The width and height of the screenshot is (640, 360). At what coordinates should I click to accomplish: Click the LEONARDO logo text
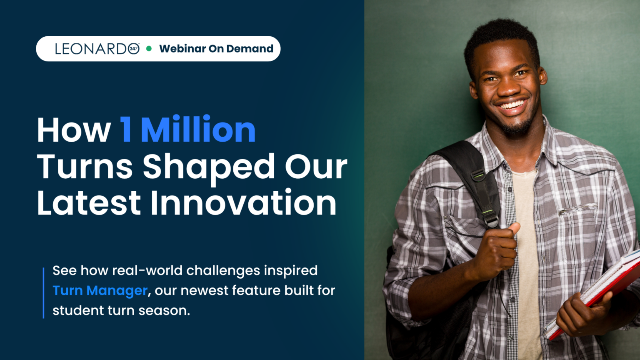click(x=97, y=49)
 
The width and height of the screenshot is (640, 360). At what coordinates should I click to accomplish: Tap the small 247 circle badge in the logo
click(x=133, y=49)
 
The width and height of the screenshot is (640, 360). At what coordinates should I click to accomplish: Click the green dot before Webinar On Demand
click(x=149, y=49)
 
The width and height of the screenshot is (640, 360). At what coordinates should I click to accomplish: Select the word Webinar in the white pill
click(x=182, y=49)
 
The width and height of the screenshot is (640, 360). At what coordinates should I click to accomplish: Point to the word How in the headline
click(x=74, y=130)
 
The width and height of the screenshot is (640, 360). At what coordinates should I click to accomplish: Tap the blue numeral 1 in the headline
click(x=126, y=129)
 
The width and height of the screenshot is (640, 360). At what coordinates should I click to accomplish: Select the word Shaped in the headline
click(x=209, y=167)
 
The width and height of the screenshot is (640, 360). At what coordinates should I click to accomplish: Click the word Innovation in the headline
click(x=243, y=202)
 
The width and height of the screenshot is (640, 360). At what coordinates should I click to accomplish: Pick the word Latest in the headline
click(x=89, y=202)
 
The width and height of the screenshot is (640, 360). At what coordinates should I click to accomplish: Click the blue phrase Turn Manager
click(x=100, y=291)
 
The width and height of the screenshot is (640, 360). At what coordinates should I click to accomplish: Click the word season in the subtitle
click(x=164, y=310)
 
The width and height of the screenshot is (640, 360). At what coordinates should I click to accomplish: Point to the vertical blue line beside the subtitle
click(x=43, y=293)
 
